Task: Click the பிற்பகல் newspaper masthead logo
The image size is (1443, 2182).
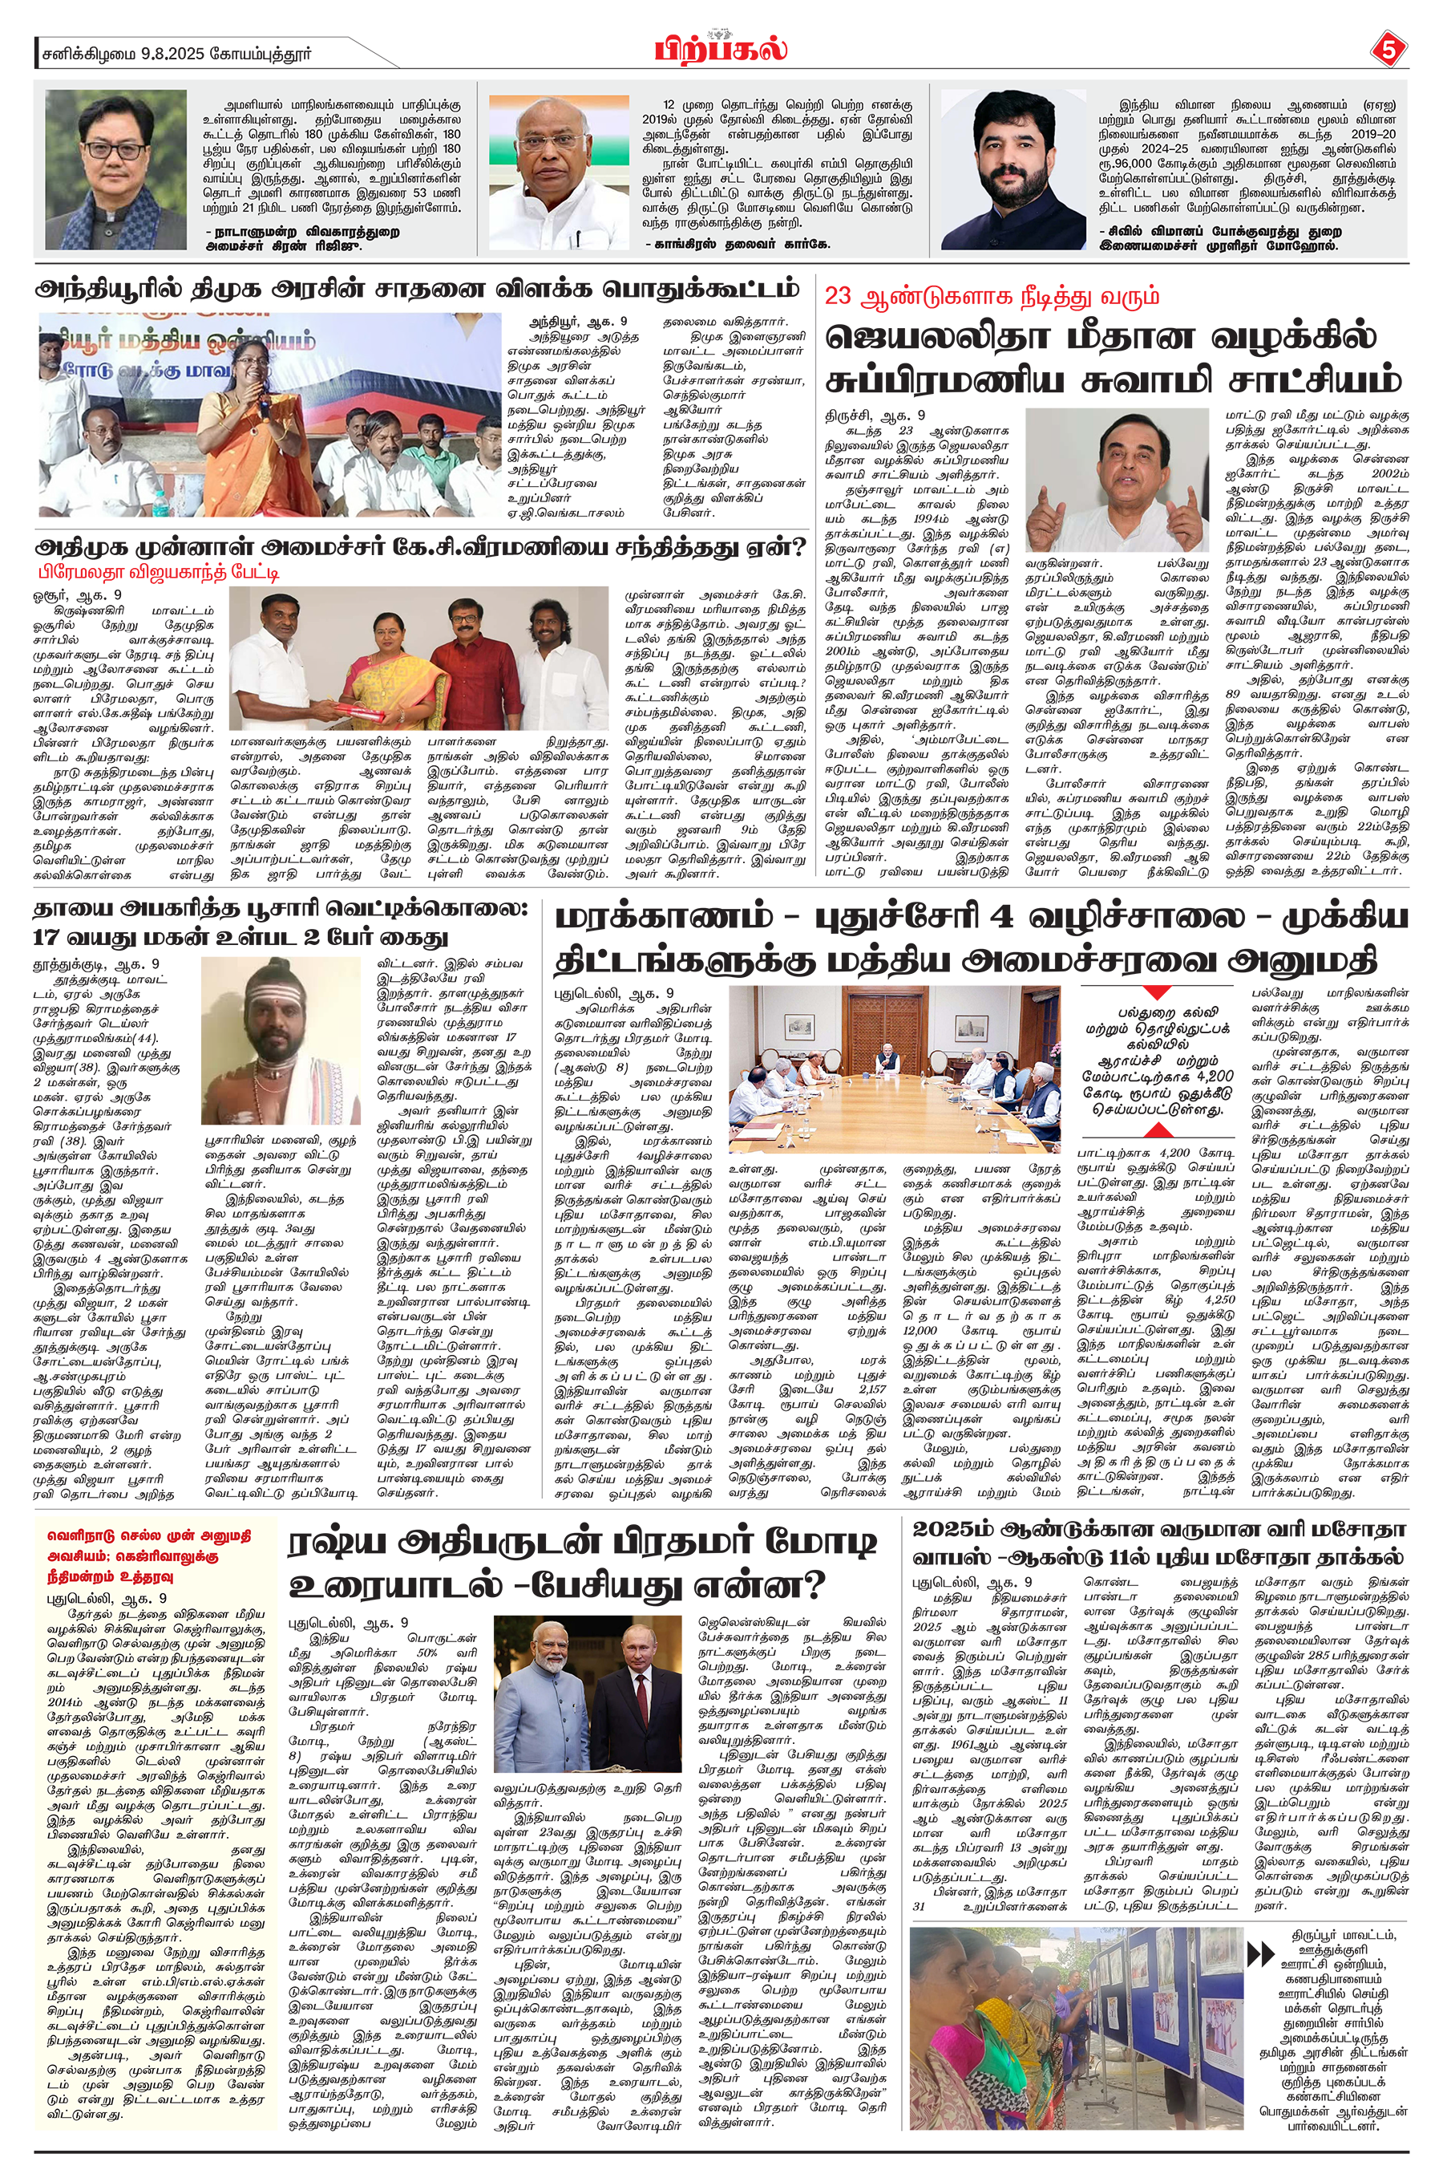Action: pos(721,49)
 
